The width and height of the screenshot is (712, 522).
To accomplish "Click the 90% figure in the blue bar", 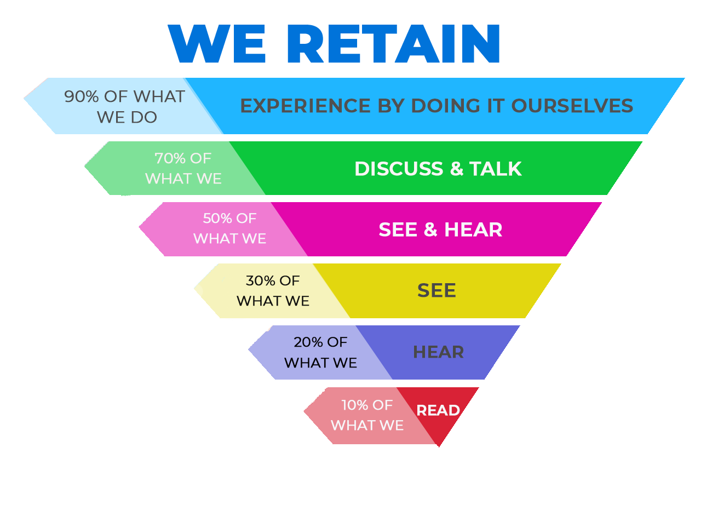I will coord(82,96).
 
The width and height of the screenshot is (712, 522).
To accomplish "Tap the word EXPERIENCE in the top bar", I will coord(305,106).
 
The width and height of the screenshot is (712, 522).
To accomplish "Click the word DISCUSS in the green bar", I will coord(398,169).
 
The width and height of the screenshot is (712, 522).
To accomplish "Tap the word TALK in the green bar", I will coord(496,169).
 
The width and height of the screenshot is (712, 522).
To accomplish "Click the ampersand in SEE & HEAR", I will coord(430,230).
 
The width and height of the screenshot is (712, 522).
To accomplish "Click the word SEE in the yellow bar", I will coord(437,290).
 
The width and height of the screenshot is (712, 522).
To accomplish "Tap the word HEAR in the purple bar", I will coord(438,352).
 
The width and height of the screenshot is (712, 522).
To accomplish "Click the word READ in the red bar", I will coord(438,410).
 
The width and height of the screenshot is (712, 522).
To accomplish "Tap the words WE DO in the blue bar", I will coord(127,117).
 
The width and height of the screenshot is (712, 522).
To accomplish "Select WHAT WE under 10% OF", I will coord(367,426).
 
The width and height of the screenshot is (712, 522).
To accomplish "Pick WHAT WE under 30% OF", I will coord(273,301).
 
